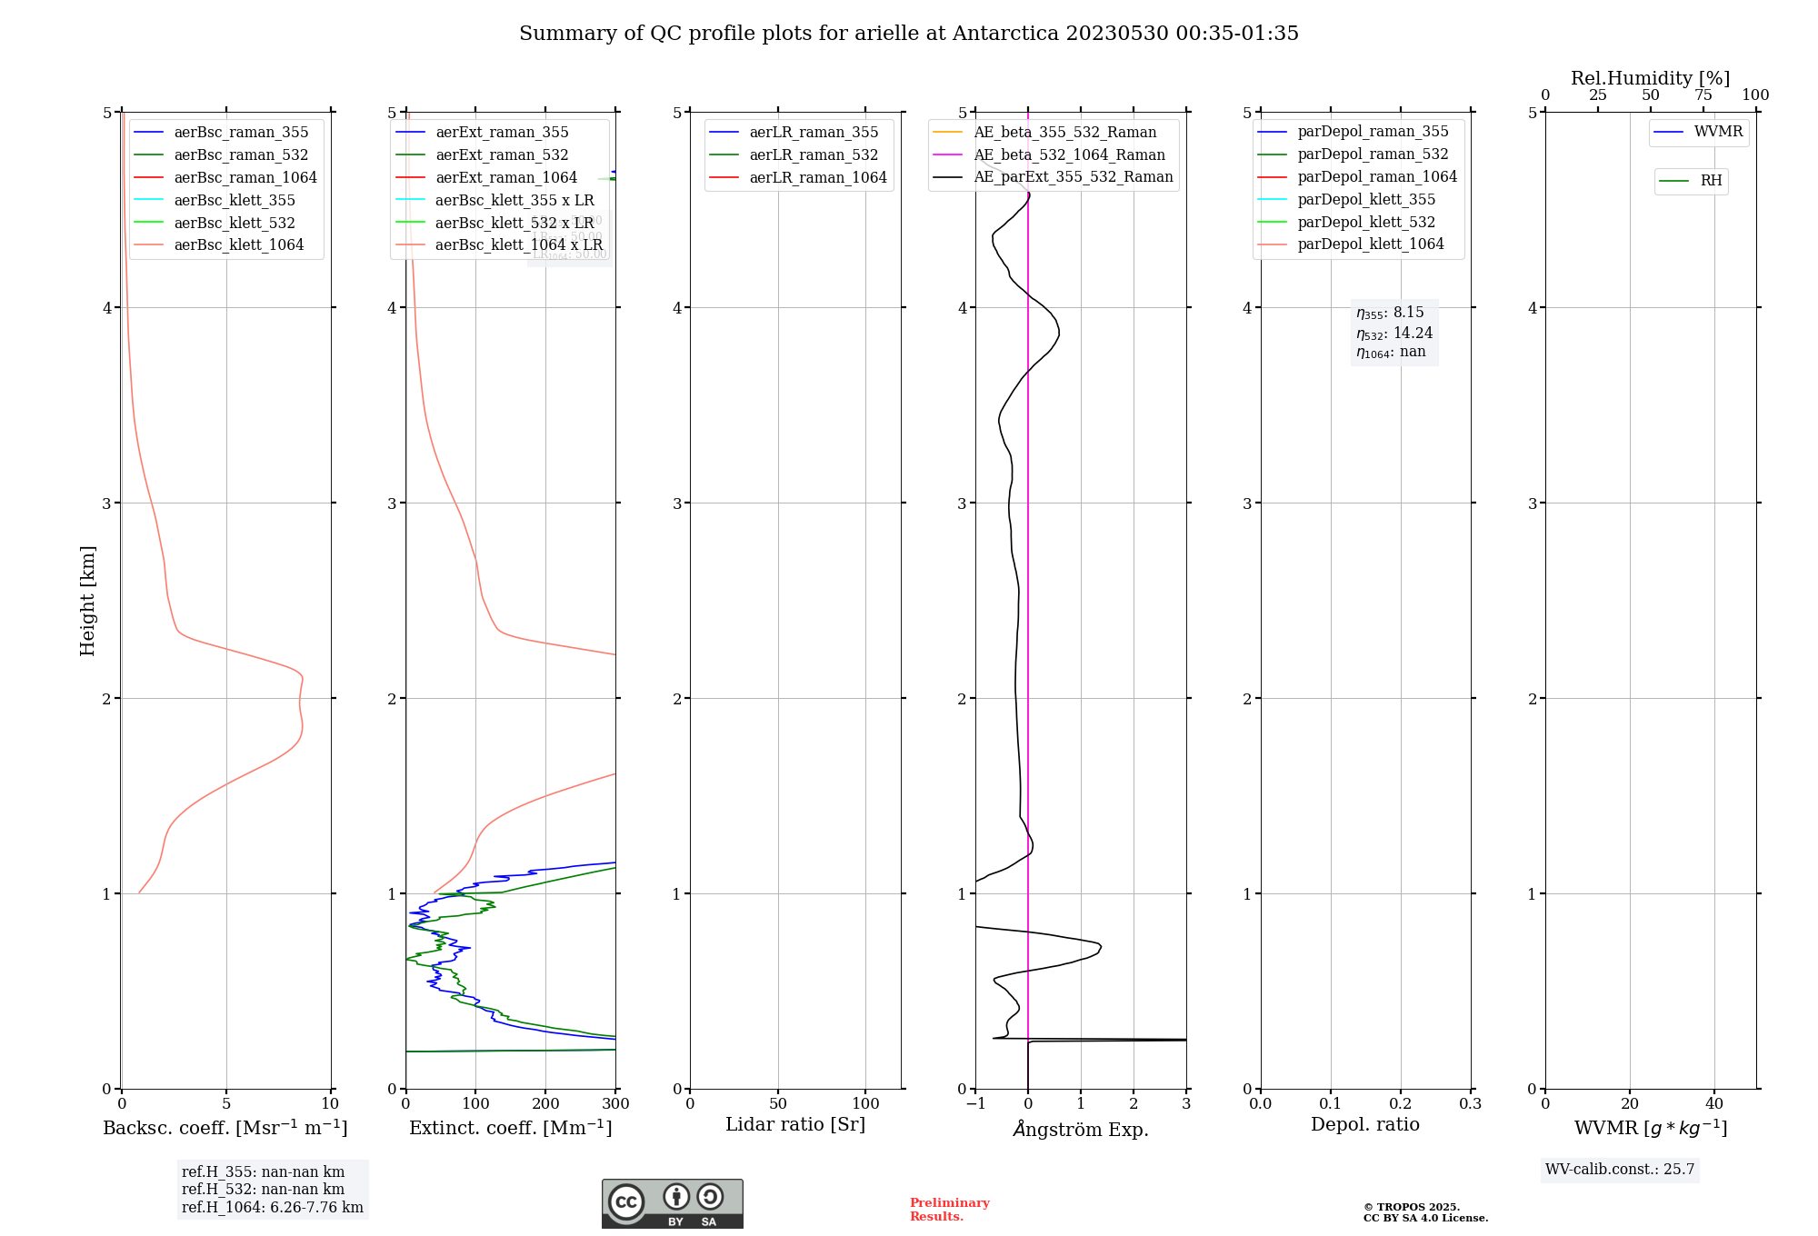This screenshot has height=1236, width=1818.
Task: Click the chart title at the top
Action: (x=909, y=34)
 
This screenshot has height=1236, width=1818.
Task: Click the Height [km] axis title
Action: (x=87, y=601)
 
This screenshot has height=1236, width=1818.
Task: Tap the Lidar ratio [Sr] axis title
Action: (x=795, y=1125)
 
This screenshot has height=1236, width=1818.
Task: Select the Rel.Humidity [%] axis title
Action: (x=1650, y=78)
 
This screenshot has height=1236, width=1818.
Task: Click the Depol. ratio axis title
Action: (x=1364, y=1125)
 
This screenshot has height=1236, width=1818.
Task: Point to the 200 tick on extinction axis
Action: (x=545, y=1104)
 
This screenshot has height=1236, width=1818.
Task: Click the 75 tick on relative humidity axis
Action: (x=1703, y=95)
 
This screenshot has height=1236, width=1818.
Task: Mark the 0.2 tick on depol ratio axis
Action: (x=1401, y=1104)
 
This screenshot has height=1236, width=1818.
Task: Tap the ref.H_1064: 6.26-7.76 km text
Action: (x=273, y=1208)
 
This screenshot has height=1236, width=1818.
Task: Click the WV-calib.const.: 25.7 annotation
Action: (x=1620, y=1170)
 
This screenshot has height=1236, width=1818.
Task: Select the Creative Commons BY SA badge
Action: (x=672, y=1204)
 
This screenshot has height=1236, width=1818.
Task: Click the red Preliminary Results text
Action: (x=949, y=1210)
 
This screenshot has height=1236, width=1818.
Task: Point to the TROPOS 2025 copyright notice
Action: (x=1424, y=1212)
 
